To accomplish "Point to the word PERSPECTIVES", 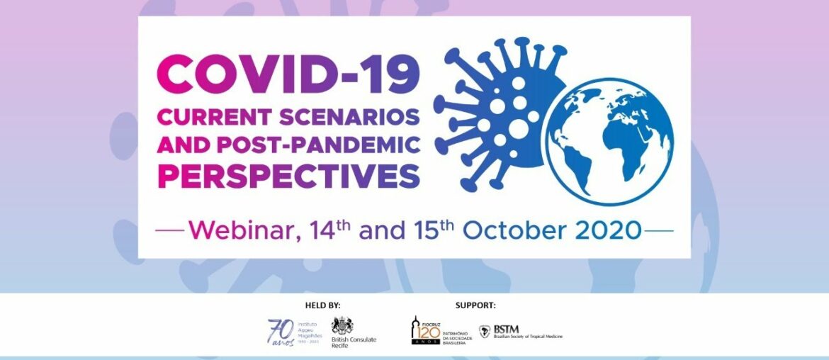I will [x=289, y=175].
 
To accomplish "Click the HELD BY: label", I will [x=322, y=305].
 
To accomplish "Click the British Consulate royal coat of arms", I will [x=342, y=326].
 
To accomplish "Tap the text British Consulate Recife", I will [x=354, y=342].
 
